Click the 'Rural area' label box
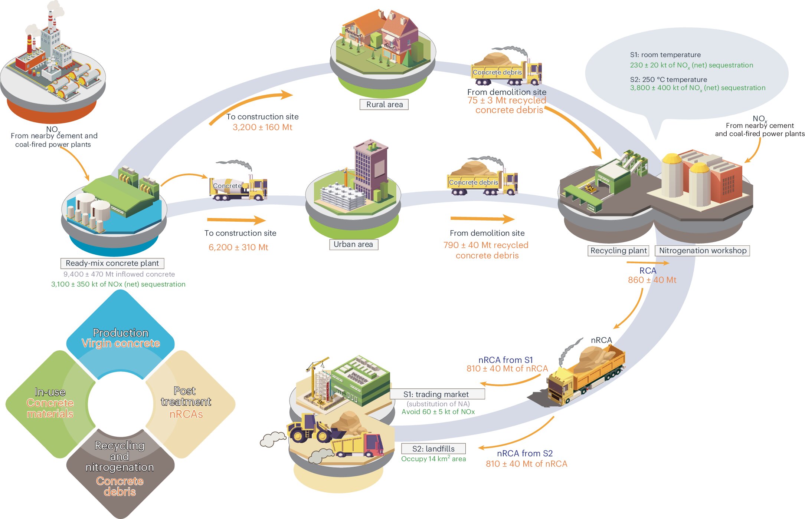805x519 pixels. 384,105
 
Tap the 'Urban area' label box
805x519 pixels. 353,244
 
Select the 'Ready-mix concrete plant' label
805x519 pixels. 112,263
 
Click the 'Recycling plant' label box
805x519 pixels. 618,251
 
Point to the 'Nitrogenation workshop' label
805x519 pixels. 703,251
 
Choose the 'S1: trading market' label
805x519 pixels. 437,394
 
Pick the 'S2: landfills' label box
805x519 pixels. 433,449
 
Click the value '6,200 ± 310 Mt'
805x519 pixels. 238,247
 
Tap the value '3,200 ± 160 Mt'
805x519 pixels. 262,127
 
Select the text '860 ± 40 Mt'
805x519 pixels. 652,280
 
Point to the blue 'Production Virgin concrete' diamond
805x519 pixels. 121,335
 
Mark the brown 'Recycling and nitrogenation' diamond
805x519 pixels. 120,471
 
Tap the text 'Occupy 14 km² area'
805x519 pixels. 433,459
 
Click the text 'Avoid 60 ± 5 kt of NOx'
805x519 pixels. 438,412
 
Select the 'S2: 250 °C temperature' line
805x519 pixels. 668,79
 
